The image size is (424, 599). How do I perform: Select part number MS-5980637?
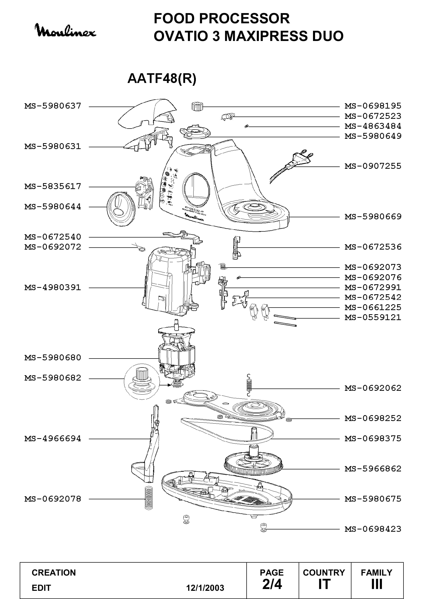tap(53, 106)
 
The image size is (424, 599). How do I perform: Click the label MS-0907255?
tap(373, 166)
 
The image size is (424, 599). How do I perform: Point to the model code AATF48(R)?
tap(162, 78)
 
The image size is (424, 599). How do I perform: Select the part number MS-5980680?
tap(53, 358)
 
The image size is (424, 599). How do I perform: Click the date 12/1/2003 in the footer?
tap(205, 588)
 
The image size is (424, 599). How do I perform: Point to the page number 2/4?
tap(272, 584)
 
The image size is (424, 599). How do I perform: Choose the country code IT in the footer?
tap(324, 584)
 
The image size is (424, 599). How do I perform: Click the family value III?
tap(377, 584)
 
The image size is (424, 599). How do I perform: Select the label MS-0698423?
tap(373, 529)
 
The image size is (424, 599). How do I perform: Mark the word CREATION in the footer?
tap(54, 573)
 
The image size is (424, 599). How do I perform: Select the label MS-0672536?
tap(373, 247)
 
